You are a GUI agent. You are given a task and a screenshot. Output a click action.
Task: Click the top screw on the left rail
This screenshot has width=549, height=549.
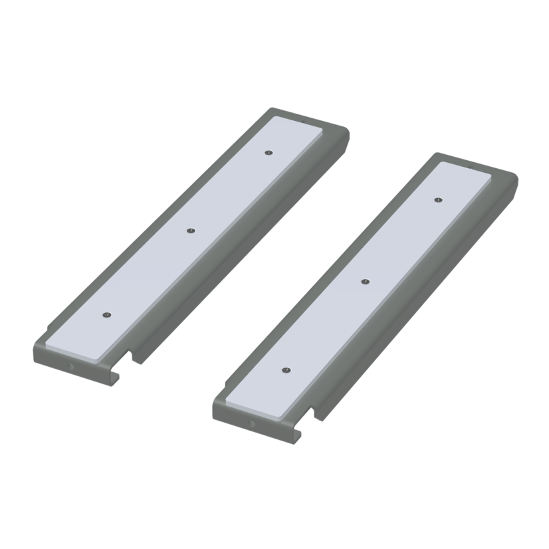267,153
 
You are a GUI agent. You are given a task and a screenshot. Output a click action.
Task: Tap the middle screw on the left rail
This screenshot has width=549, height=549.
190,232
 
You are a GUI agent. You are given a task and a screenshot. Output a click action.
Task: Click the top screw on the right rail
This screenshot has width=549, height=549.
438,199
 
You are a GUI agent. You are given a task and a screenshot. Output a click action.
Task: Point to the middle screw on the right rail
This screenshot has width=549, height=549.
364,282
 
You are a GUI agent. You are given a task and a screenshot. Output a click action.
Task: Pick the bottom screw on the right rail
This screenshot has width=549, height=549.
284,369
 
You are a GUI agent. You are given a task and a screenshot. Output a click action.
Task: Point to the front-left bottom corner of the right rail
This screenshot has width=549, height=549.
214,415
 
